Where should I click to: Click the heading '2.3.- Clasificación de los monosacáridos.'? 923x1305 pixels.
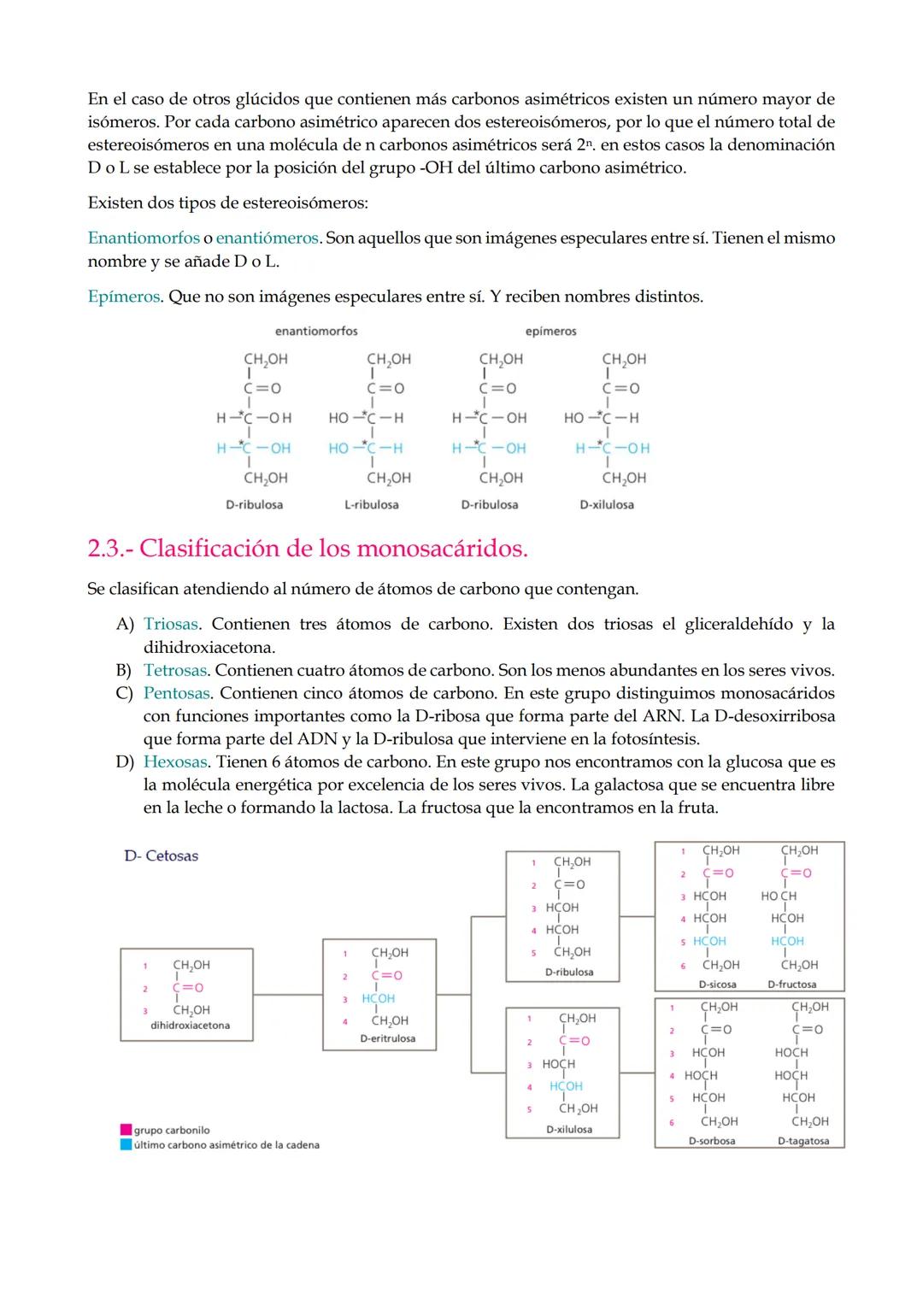coord(308,549)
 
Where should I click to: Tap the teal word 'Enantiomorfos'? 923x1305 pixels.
coord(144,238)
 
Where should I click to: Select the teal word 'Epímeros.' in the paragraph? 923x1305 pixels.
coord(125,297)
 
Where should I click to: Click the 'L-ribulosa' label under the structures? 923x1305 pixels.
coord(372,505)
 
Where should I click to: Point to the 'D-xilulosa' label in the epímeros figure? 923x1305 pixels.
coord(607,505)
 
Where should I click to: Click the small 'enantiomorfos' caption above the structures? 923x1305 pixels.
coord(316,332)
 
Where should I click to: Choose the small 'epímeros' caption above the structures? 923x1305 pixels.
coord(551,332)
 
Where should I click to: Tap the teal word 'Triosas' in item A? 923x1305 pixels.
coord(170,625)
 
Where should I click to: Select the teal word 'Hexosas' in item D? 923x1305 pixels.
coord(175,762)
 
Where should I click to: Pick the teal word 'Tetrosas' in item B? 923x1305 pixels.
coord(174,671)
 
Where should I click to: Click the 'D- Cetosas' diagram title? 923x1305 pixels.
coord(162,856)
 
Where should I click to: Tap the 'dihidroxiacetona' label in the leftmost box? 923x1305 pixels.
coord(190,1026)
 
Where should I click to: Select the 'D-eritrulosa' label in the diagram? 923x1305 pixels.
coord(387,1039)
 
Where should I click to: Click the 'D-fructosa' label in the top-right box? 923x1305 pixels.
coord(791,985)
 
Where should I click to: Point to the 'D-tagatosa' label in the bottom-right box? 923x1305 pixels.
coord(803,1141)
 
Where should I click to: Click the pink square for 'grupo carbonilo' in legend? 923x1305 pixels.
coord(126,1131)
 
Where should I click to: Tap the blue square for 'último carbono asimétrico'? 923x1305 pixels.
coord(126,1145)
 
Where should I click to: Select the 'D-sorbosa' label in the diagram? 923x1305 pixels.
coord(712,1141)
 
